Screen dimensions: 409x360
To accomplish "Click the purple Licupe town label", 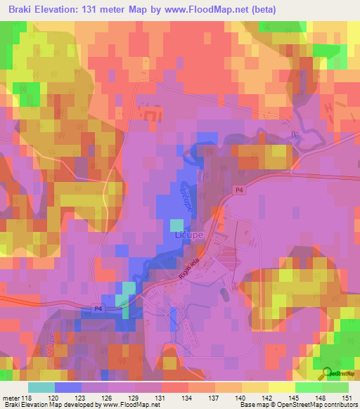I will [x=187, y=238].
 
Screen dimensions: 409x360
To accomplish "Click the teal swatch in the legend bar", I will [x=41, y=387].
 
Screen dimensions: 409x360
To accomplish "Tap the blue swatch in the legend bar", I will [x=67, y=387].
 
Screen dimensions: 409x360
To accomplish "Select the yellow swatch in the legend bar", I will [x=282, y=387].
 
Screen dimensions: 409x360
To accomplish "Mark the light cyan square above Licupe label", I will [x=176, y=225].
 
